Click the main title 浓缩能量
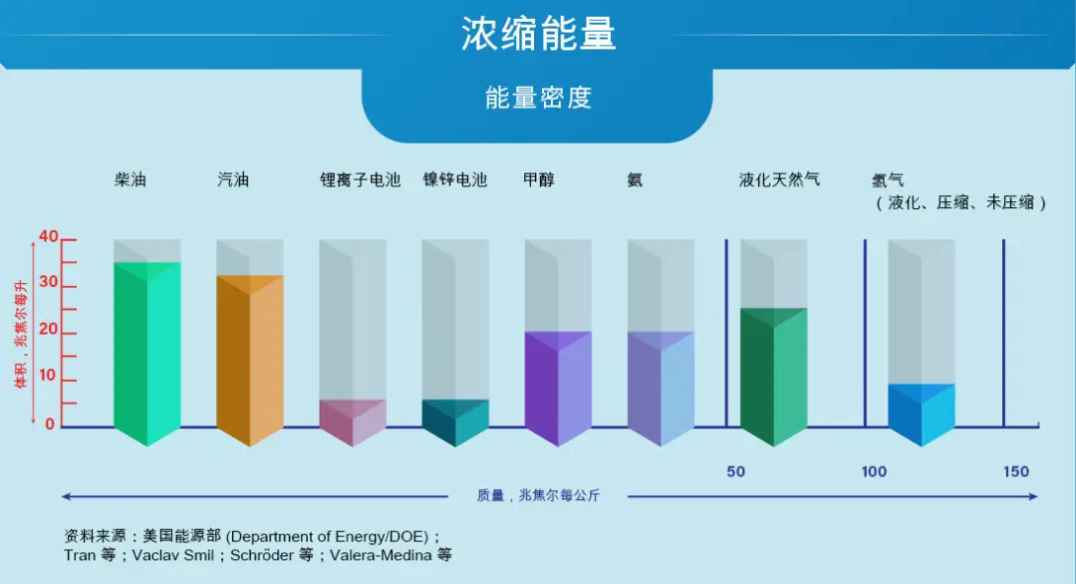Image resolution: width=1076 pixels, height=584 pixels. pyautogui.click(x=538, y=35)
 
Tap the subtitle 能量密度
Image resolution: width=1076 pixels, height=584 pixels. pyautogui.click(x=538, y=98)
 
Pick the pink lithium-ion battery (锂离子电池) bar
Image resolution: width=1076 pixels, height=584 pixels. pyautogui.click(x=352, y=421)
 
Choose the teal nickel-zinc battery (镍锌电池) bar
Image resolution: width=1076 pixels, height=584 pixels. pyautogui.click(x=454, y=421)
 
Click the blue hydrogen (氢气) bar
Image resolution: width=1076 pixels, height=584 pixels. pyautogui.click(x=921, y=413)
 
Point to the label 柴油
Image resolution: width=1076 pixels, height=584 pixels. pyautogui.click(x=130, y=180)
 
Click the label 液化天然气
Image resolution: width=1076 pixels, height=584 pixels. pyautogui.click(x=779, y=180)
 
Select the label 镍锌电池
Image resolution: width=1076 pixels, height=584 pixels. pyautogui.click(x=454, y=180)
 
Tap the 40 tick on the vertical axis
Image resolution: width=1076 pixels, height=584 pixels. pyautogui.click(x=49, y=237)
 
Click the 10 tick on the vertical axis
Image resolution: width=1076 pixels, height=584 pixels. pyautogui.click(x=49, y=381)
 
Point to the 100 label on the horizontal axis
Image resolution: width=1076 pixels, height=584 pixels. pyautogui.click(x=874, y=471)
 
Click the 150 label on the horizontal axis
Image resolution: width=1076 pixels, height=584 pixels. pyautogui.click(x=1016, y=471)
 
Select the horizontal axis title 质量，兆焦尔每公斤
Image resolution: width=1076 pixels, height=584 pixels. pyautogui.click(x=537, y=495)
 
